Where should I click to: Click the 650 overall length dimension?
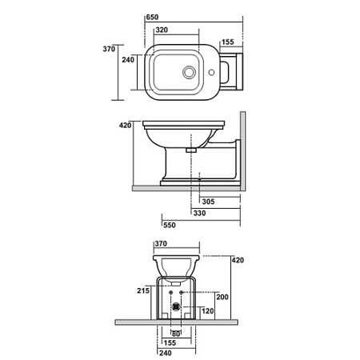pyautogui.click(x=152, y=18)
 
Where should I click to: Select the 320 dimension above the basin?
pyautogui.click(x=162, y=30)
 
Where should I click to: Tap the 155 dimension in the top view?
pyautogui.click(x=227, y=42)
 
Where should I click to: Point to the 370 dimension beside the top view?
pyautogui.click(x=109, y=49)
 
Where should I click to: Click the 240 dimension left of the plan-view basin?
pyautogui.click(x=128, y=60)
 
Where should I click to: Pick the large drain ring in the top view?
pyautogui.click(x=189, y=72)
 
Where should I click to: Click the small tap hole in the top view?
pyautogui.click(x=211, y=72)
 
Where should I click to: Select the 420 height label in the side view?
pyautogui.click(x=125, y=125)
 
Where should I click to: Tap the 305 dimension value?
pyautogui.click(x=208, y=202)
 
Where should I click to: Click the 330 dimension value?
pyautogui.click(x=199, y=213)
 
